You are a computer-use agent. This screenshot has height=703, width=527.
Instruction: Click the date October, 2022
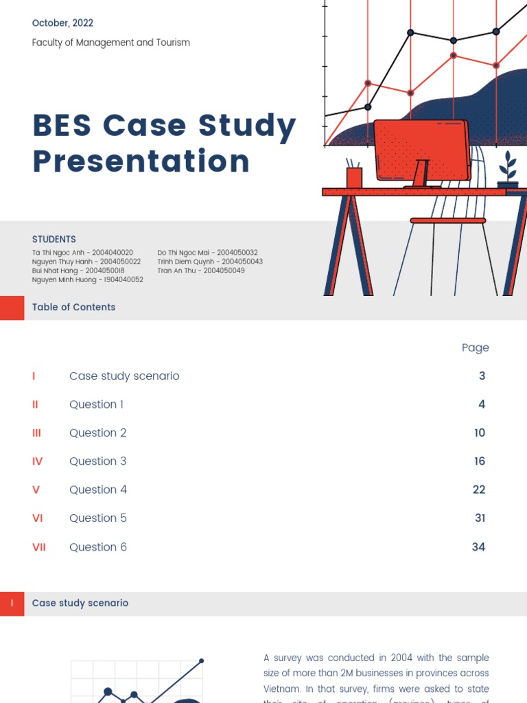pyautogui.click(x=62, y=23)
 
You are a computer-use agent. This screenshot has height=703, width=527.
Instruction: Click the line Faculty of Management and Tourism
pyautogui.click(x=110, y=43)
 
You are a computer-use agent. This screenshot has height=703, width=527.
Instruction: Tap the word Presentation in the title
pyautogui.click(x=141, y=161)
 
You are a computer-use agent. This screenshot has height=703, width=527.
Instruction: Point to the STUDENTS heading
pyautogui.click(x=54, y=240)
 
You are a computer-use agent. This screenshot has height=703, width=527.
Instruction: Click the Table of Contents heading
pyautogui.click(x=73, y=307)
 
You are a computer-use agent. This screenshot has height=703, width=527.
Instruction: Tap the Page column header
pyautogui.click(x=475, y=347)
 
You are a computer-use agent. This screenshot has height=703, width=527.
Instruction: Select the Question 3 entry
pyautogui.click(x=97, y=461)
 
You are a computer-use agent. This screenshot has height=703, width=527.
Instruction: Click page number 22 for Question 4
pyautogui.click(x=479, y=489)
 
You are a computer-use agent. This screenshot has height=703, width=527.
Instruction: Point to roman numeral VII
pyautogui.click(x=39, y=547)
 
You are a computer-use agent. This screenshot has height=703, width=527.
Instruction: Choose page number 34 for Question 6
pyautogui.click(x=478, y=547)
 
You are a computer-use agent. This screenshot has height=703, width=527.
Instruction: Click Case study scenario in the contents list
pyautogui.click(x=124, y=376)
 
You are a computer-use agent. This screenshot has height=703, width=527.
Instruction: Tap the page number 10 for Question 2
pyautogui.click(x=480, y=433)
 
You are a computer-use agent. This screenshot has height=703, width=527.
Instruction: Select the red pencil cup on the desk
pyautogui.click(x=354, y=177)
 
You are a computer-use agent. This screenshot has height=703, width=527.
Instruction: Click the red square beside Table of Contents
pyautogui.click(x=12, y=308)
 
